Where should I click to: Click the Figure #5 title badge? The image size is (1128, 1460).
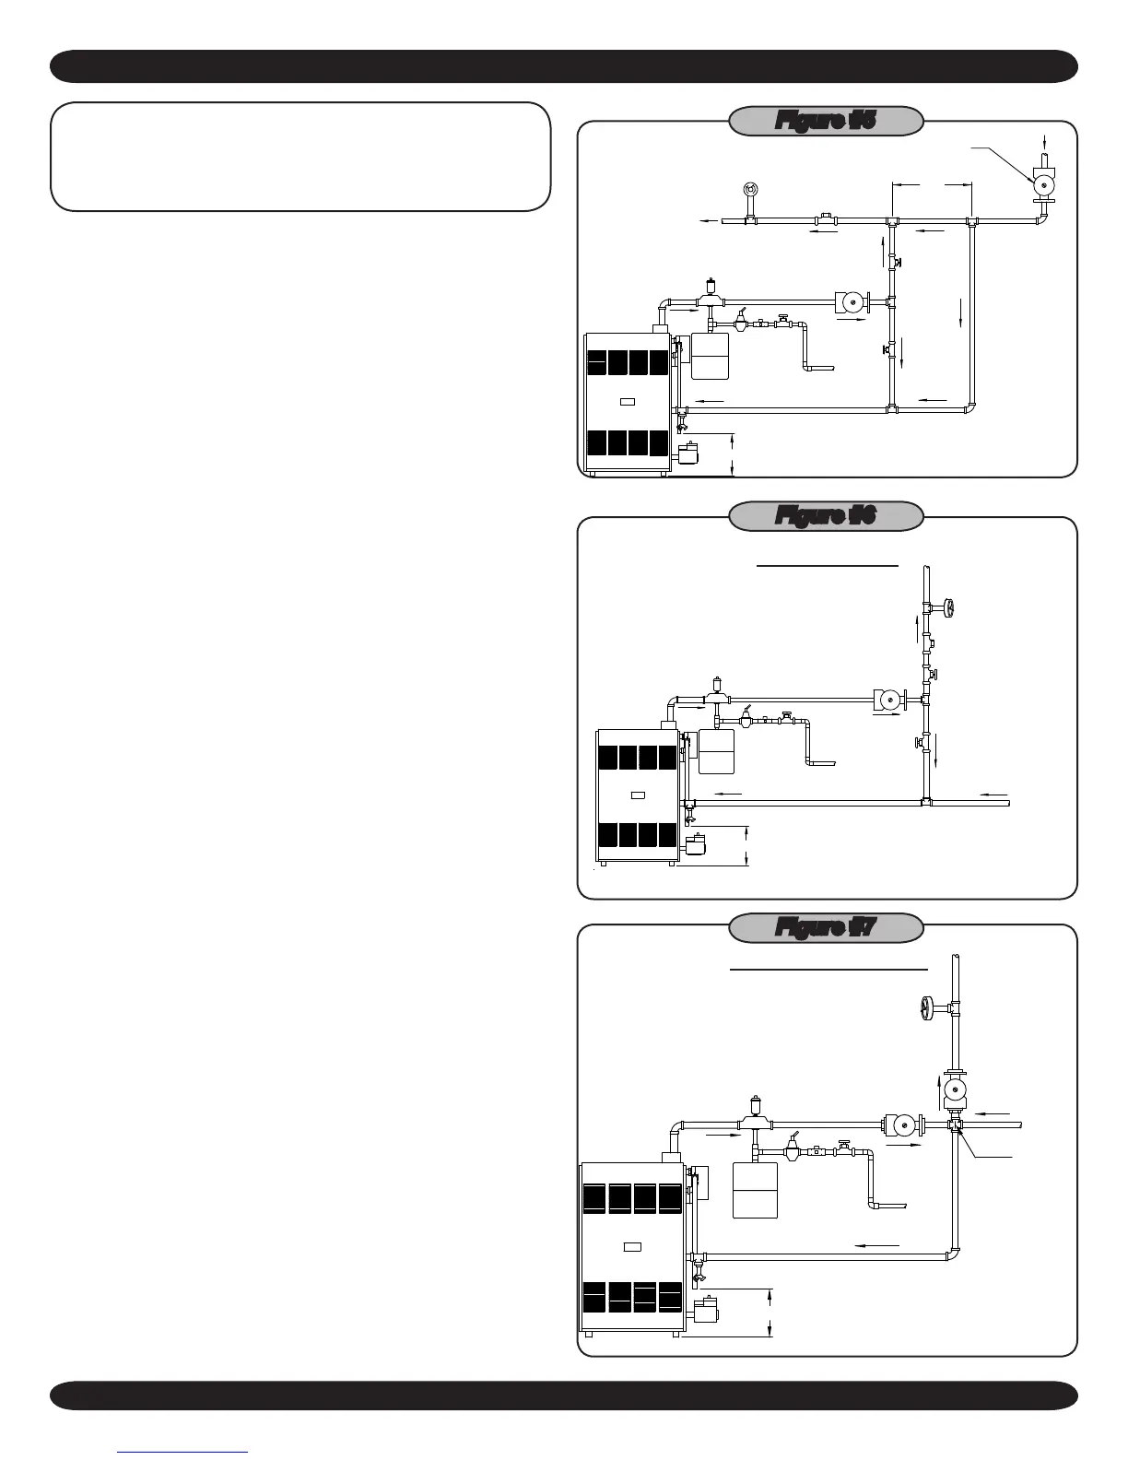tap(826, 121)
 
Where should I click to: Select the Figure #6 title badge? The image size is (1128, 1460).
tap(826, 516)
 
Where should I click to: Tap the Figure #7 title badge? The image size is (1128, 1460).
tap(826, 927)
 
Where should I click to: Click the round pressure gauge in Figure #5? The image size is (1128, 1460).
tap(750, 191)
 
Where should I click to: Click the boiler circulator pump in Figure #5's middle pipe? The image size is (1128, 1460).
tap(851, 302)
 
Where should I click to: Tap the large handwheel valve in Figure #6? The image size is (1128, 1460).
tap(948, 608)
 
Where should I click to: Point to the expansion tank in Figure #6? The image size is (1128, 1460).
tap(716, 752)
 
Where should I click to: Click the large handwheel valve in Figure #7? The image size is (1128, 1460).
tap(928, 1008)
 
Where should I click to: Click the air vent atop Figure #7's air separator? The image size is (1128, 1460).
tap(756, 1102)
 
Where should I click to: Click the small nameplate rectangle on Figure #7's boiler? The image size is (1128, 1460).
tap(632, 1247)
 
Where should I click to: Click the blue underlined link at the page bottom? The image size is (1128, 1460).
tap(182, 1452)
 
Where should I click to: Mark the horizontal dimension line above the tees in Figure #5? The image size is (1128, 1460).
tap(932, 184)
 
